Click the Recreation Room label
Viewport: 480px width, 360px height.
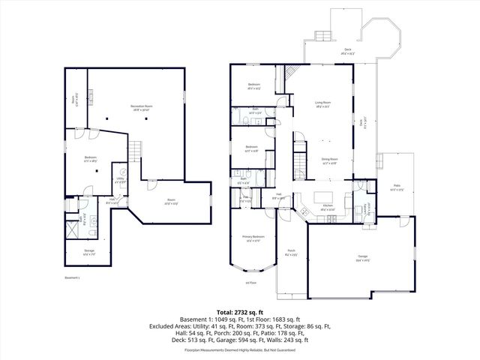click(137, 107)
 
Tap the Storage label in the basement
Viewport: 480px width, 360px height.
click(88, 252)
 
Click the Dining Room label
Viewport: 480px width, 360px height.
click(330, 159)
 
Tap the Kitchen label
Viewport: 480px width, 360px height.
click(327, 206)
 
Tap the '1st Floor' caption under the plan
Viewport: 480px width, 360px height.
click(251, 283)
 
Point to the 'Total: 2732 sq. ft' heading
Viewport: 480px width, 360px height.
click(239, 311)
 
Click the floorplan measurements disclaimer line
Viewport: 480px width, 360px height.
click(239, 349)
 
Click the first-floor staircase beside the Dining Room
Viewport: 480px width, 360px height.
click(301, 160)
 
